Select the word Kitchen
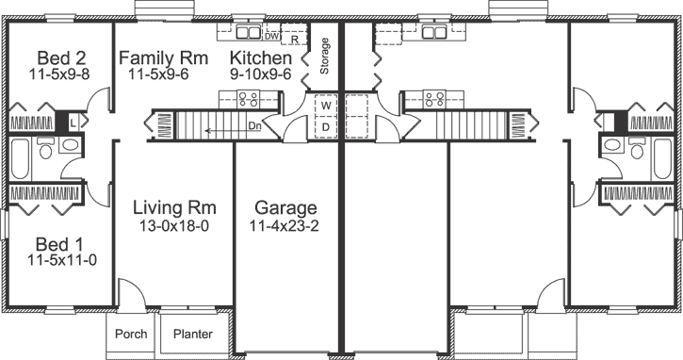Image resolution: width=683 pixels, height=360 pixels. point(261,58)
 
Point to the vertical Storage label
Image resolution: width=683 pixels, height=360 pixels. point(325,56)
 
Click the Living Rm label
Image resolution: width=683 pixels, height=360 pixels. point(175,207)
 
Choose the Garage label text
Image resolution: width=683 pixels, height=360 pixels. point(284,208)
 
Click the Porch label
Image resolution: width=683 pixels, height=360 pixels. point(130,335)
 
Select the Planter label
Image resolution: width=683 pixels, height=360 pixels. point(191,335)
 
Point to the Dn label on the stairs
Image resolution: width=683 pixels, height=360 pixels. point(254,124)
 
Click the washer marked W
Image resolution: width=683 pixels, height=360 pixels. point(324,105)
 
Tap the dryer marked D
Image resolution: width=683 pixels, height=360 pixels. point(324,126)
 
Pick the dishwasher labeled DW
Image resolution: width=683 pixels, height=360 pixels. point(271,38)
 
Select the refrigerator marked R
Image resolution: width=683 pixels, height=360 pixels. point(295,40)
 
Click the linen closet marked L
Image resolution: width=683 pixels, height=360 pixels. point(73,122)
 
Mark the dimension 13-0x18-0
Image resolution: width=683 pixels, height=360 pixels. point(175,226)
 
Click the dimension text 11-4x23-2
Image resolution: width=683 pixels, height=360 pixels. point(284,226)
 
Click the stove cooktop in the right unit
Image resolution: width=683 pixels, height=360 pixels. point(434,97)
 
